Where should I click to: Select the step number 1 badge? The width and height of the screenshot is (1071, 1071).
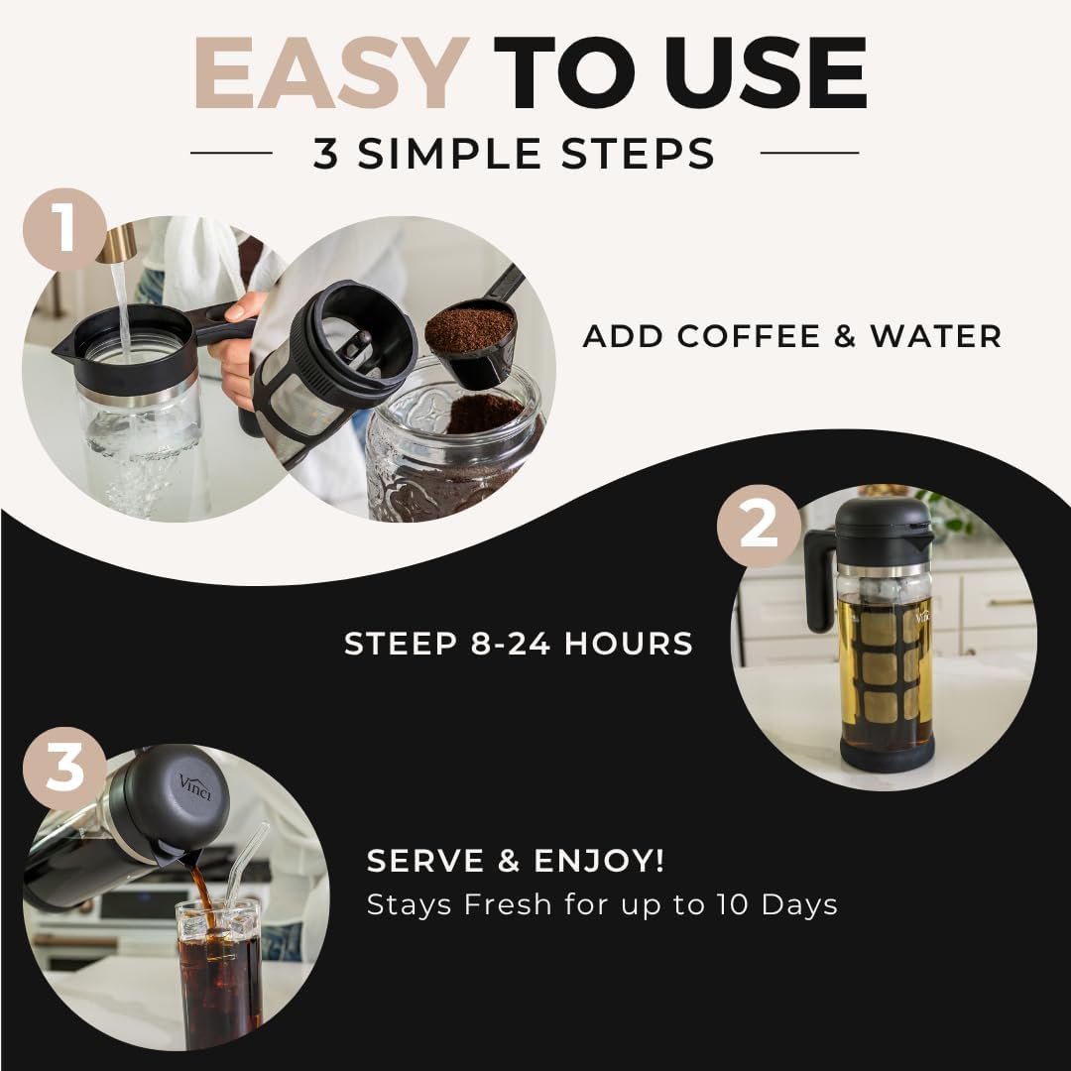(64, 229)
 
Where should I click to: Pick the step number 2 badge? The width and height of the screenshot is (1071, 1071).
(759, 526)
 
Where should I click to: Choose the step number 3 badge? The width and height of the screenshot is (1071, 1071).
(64, 770)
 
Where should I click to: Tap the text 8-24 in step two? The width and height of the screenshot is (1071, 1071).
(511, 644)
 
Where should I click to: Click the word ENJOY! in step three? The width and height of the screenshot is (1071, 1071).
(598, 860)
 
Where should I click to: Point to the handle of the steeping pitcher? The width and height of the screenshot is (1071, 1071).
(819, 578)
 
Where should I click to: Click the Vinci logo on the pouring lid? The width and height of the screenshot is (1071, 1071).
(195, 786)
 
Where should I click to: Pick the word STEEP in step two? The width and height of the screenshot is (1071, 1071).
(401, 644)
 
